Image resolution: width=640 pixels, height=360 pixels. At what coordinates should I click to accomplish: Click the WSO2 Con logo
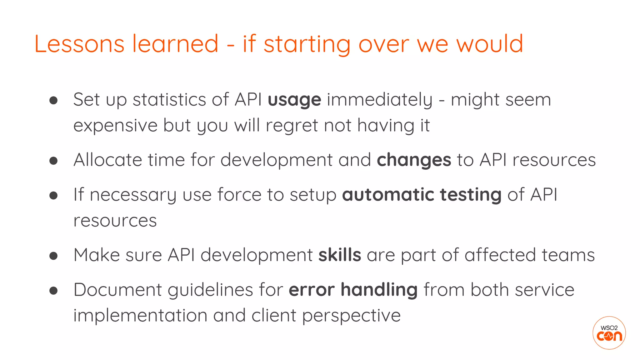(x=609, y=333)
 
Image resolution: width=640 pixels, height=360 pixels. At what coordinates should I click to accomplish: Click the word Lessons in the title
(x=79, y=44)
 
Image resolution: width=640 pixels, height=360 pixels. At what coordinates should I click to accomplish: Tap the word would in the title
(x=490, y=44)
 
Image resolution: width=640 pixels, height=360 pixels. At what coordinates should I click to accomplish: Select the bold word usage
(x=294, y=100)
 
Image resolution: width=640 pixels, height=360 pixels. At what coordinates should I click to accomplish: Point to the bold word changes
(x=414, y=160)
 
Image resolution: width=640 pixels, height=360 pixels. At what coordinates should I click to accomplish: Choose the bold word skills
(x=340, y=255)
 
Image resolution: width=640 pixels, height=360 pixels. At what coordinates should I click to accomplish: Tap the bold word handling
(x=379, y=290)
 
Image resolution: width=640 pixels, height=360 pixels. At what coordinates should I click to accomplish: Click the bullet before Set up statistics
(x=53, y=100)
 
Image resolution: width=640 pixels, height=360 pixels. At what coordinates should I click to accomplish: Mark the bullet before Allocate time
(x=53, y=161)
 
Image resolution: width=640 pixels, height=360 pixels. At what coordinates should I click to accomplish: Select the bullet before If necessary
(x=53, y=195)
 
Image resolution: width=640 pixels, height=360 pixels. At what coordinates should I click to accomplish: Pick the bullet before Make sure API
(x=53, y=256)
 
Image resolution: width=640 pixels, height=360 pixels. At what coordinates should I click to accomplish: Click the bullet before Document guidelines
(x=53, y=290)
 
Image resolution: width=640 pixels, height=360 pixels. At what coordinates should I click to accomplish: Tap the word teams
(x=568, y=255)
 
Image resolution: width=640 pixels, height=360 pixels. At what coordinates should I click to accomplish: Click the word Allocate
(x=107, y=160)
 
